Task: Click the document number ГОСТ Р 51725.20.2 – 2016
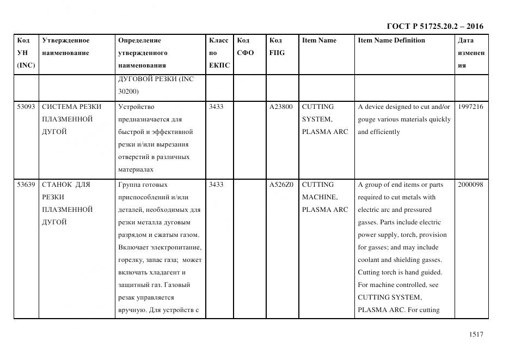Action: pos(435,26)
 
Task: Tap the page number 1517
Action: pos(476,334)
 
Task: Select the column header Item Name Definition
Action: pos(391,40)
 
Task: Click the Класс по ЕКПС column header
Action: pos(219,53)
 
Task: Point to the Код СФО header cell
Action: pos(246,47)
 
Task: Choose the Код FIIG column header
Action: pos(277,47)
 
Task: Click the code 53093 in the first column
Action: pos(26,107)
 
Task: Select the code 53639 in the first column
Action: pos(26,185)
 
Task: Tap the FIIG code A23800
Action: pos(281,107)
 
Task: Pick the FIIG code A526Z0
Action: pos(281,185)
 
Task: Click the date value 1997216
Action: pos(470,107)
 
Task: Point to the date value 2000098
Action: pos(470,185)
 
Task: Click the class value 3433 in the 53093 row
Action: pos(216,107)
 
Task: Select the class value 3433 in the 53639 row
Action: pos(216,185)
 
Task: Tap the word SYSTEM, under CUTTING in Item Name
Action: pos(317,119)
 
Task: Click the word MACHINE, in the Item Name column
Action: pos(320,197)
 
